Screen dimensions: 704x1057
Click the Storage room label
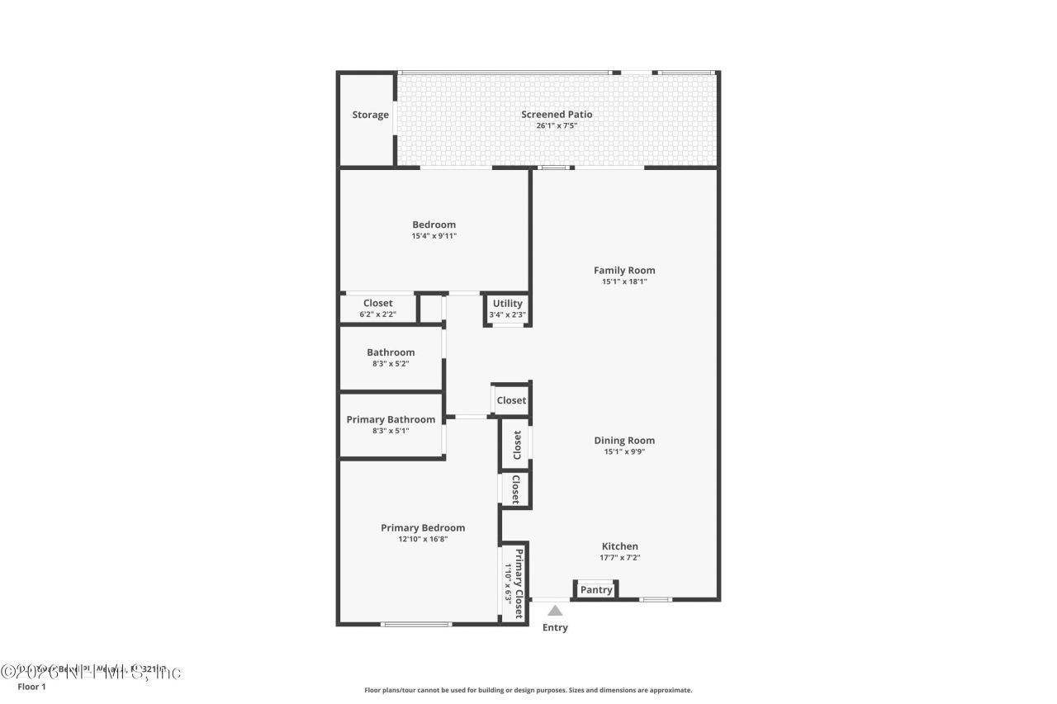click(x=370, y=115)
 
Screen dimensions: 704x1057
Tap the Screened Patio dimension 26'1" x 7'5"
click(x=556, y=126)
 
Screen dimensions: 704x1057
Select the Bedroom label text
click(x=434, y=224)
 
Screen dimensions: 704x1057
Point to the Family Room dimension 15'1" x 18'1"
click(x=624, y=281)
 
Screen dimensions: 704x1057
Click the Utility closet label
click(x=507, y=304)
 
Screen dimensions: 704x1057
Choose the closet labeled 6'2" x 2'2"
click(x=378, y=308)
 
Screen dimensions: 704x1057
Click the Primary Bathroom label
click(x=391, y=419)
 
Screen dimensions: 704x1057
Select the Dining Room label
click(x=624, y=440)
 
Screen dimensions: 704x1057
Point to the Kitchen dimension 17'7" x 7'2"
click(x=619, y=557)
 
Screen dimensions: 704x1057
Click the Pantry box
click(x=596, y=589)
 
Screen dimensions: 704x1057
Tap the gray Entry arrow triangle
click(x=555, y=611)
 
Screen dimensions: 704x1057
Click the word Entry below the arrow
click(x=555, y=627)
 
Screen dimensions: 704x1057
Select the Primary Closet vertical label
click(x=519, y=583)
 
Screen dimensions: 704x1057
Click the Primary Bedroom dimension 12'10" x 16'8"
click(x=423, y=539)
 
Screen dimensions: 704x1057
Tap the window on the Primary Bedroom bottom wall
click(x=416, y=624)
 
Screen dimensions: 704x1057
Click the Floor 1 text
click(x=31, y=686)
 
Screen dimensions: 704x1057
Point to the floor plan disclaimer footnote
click(x=528, y=690)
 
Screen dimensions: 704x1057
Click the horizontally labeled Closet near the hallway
click(x=511, y=400)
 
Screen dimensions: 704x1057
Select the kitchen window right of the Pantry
click(x=656, y=599)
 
